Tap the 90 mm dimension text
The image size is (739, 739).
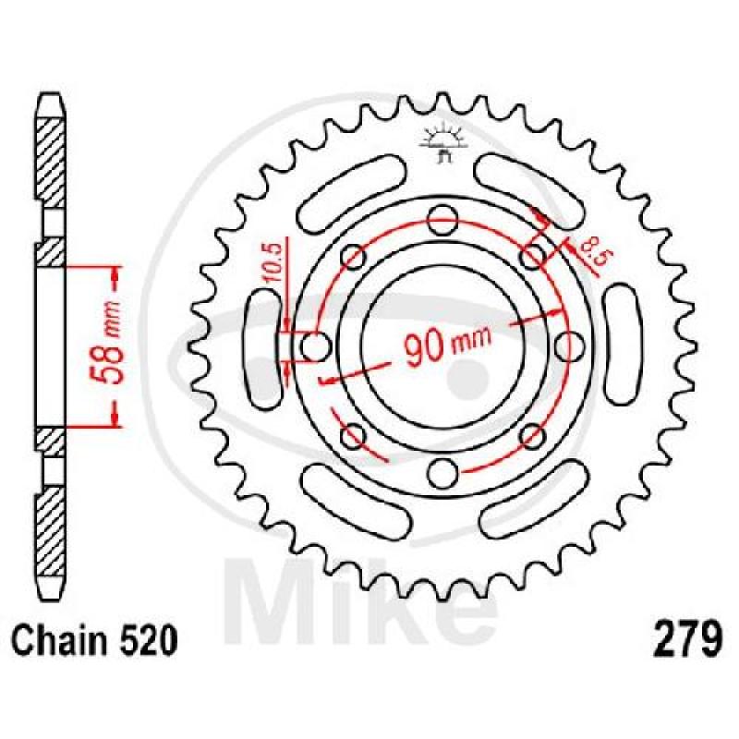point(447,344)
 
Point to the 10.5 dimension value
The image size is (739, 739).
point(274,262)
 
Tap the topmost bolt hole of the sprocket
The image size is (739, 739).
point(443,220)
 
